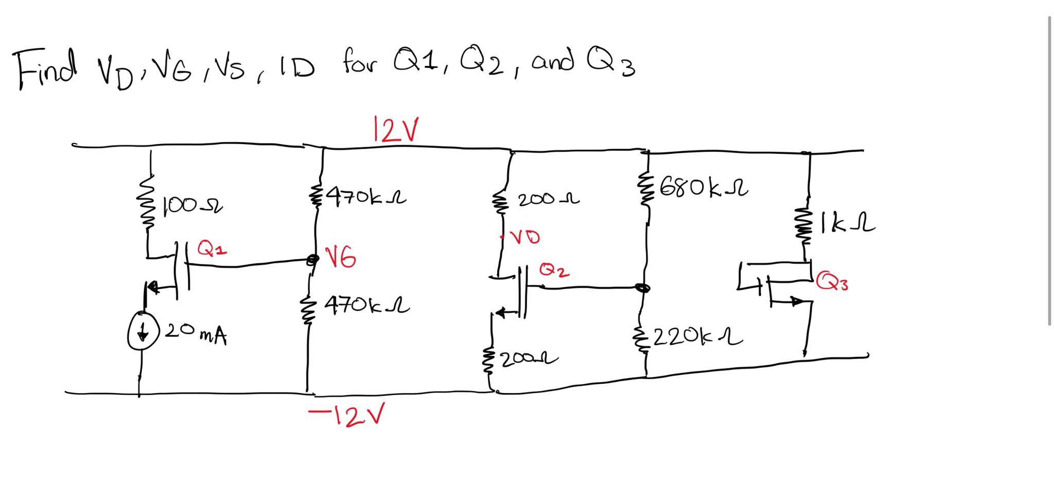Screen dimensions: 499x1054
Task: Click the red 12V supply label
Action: [395, 130]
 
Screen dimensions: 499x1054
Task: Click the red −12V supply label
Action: [347, 415]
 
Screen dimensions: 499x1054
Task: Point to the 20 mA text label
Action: [196, 333]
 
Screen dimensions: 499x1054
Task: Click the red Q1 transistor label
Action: [212, 249]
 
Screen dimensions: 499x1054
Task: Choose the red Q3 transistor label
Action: [832, 281]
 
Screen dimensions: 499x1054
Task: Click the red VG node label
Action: [341, 257]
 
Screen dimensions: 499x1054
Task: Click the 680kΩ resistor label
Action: [703, 188]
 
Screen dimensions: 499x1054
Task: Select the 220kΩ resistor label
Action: [698, 337]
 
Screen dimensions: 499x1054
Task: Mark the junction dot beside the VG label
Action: [311, 260]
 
